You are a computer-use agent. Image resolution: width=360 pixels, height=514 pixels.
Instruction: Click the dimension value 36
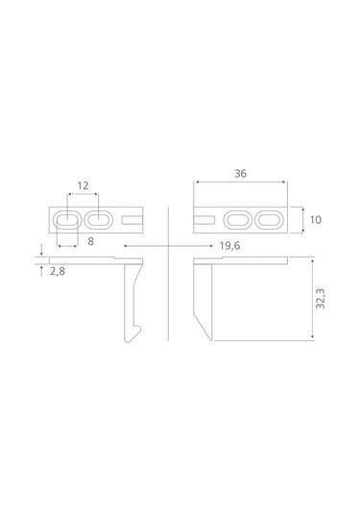[x=240, y=174]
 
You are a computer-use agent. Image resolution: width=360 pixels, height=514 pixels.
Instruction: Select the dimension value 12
[x=83, y=185]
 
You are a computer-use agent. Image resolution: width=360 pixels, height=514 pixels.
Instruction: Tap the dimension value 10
[x=316, y=220]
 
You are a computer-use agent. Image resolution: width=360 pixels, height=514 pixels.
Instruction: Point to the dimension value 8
[x=91, y=241]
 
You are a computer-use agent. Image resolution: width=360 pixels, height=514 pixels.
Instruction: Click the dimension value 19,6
[x=229, y=246]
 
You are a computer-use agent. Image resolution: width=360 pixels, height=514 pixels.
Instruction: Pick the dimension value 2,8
[x=58, y=272]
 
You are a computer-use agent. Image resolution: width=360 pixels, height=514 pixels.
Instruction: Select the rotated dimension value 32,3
[x=321, y=298]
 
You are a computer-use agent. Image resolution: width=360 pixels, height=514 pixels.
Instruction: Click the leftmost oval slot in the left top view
[x=67, y=220]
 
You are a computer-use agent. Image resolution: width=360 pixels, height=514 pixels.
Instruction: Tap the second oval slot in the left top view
[x=99, y=220]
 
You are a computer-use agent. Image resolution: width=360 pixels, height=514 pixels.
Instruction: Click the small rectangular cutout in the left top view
[x=132, y=220]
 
